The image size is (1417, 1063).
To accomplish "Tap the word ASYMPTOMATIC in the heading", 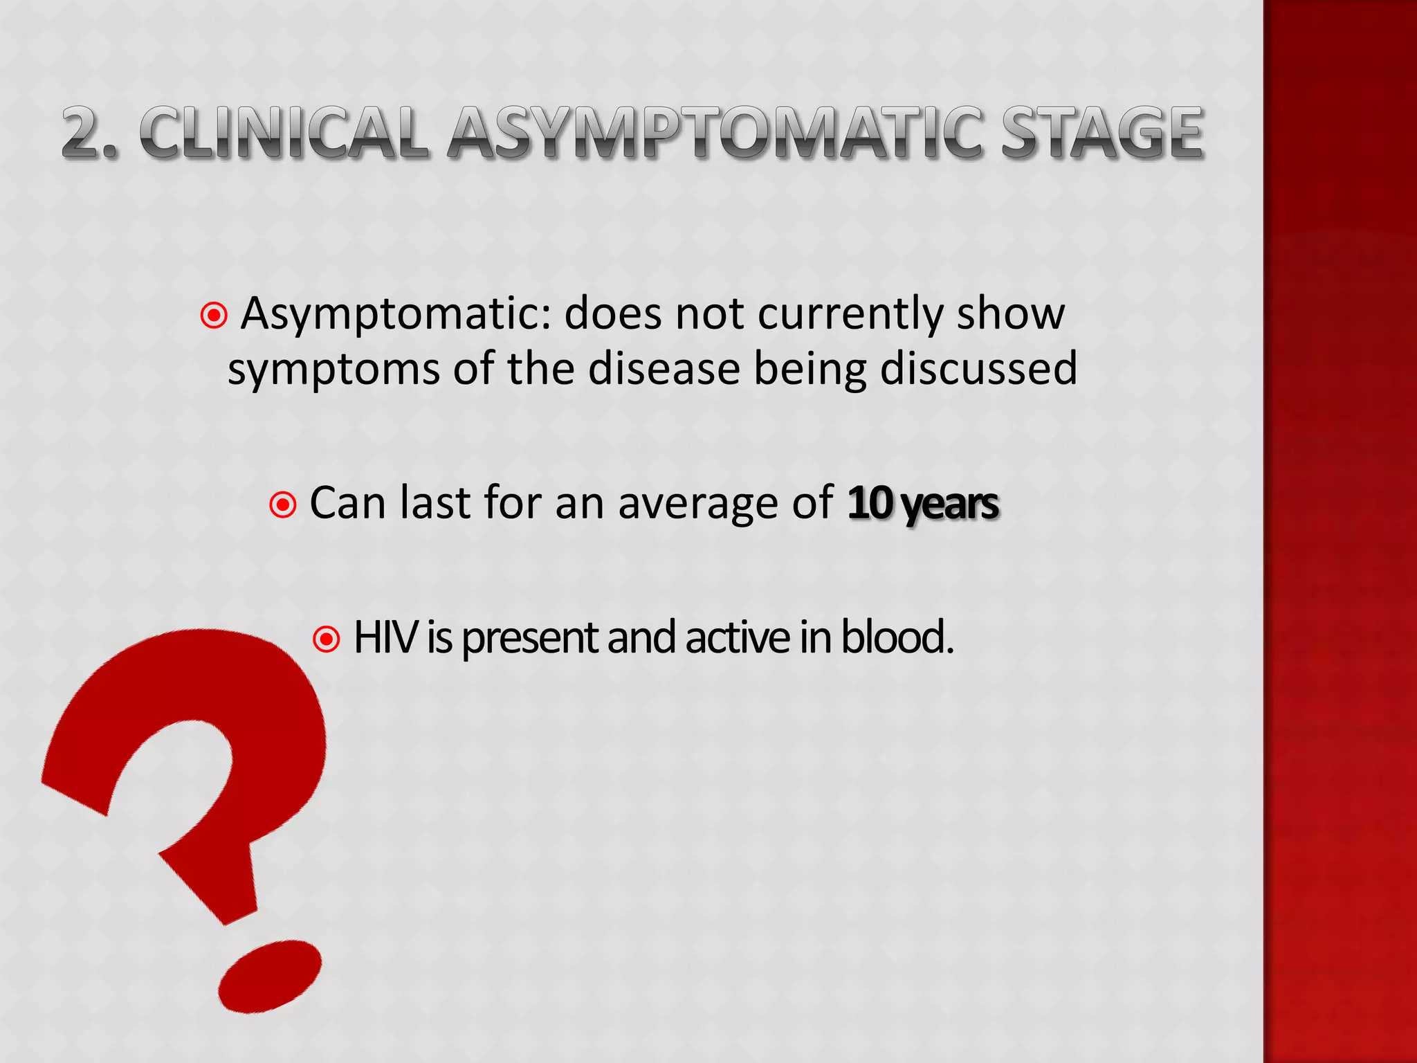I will click(714, 133).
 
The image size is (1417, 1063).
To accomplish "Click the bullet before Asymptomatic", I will click(214, 316).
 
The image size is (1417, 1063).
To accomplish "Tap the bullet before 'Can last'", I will click(283, 505).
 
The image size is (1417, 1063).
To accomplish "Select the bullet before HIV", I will click(327, 639).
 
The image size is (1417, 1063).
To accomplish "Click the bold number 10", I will click(870, 503).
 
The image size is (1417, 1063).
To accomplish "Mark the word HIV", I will click(385, 637).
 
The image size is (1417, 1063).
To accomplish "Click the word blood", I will click(897, 637).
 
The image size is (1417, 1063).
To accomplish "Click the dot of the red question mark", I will click(270, 975).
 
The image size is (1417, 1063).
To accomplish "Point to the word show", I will click(1011, 315).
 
